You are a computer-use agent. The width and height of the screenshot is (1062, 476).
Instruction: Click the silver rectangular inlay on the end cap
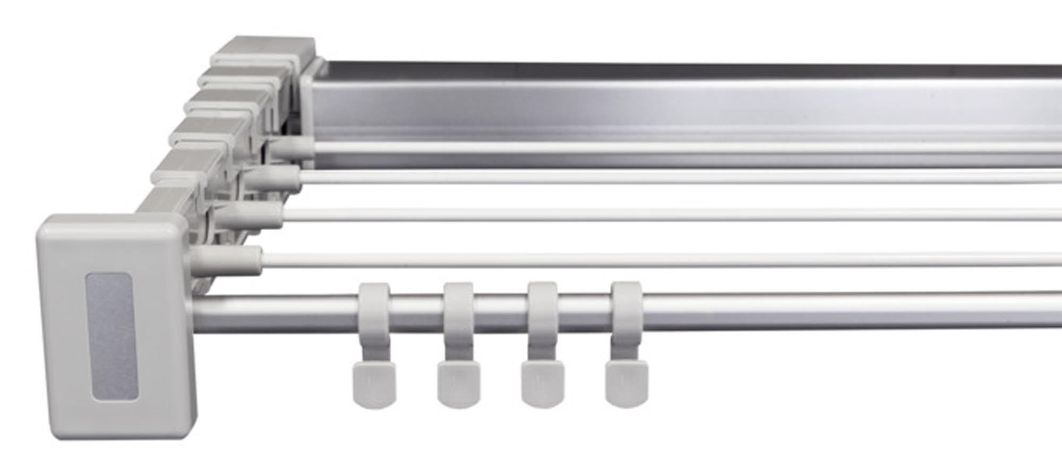112,336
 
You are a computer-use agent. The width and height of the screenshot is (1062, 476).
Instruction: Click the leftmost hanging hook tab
374,385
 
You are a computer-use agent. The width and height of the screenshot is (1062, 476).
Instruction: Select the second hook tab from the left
459,385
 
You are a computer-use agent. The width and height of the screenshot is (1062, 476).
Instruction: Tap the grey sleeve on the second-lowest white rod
250,214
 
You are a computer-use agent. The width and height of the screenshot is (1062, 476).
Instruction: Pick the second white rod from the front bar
637,214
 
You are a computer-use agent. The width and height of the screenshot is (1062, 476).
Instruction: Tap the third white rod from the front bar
637,177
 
